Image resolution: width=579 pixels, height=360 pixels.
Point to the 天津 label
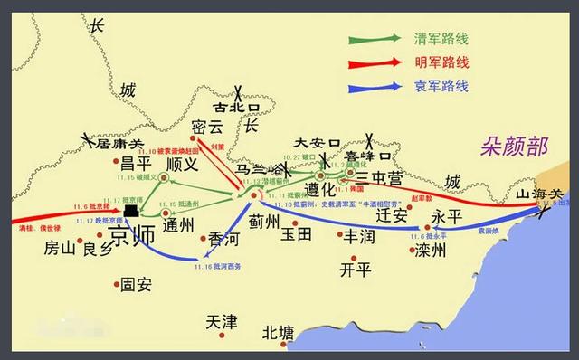221,321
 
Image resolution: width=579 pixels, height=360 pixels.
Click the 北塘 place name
277,334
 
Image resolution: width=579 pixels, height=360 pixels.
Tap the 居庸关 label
119,144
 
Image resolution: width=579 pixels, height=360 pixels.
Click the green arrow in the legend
375,39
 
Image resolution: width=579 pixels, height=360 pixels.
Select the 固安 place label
136,284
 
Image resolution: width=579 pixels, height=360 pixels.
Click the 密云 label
209,128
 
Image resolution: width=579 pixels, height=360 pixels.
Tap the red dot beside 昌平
116,164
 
